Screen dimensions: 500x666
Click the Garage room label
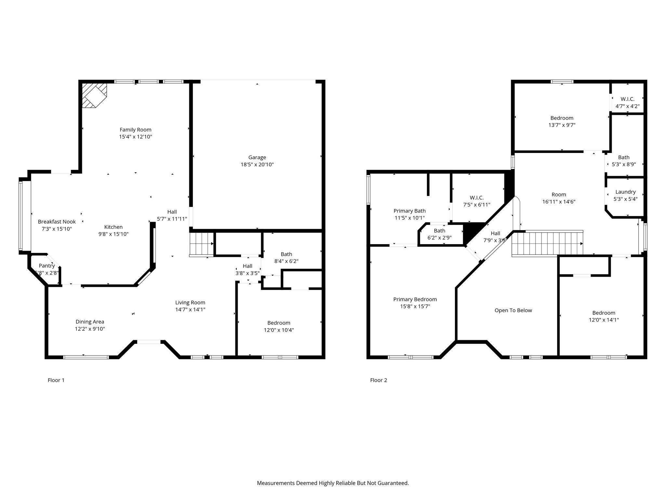257,158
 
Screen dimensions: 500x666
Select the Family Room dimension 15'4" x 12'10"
135,137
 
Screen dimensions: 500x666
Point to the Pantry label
47,266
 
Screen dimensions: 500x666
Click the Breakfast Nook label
57,222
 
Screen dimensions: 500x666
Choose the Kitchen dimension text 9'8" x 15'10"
113,234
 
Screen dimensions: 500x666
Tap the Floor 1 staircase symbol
201,244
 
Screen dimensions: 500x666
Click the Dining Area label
90,322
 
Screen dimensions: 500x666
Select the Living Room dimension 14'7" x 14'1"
190,310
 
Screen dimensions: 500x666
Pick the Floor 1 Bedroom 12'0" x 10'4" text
279,330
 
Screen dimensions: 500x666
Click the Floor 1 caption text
56,380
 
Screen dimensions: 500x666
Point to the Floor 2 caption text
379,380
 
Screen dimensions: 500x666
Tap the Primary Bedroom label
415,299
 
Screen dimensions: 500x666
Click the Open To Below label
513,311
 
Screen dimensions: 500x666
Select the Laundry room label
625,192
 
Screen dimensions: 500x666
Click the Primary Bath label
409,211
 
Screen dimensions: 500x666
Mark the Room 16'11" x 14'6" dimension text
559,202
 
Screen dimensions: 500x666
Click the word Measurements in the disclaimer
275,483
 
